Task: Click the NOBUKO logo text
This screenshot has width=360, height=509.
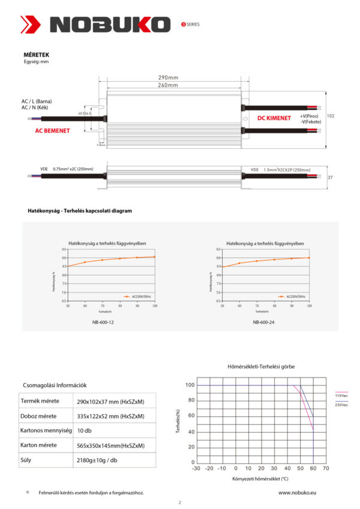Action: click(111, 25)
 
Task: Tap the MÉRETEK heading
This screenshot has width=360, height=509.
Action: click(36, 55)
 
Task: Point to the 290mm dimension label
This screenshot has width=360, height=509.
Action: click(169, 78)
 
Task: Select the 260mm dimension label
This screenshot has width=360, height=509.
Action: click(169, 86)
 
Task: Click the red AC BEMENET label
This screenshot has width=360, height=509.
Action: click(52, 130)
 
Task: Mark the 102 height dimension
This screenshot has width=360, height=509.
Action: click(331, 116)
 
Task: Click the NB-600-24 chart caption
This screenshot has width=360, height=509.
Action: click(263, 322)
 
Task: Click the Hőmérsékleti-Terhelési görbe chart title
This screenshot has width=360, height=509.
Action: click(261, 366)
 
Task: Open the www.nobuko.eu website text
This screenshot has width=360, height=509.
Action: click(298, 492)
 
